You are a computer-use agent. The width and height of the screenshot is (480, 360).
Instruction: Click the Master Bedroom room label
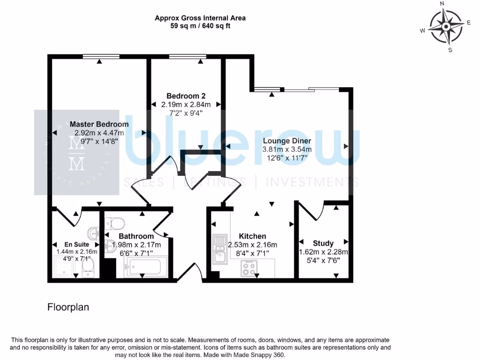click(99, 124)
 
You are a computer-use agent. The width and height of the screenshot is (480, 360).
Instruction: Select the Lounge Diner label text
click(287, 141)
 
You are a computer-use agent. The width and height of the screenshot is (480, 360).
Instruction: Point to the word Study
click(323, 243)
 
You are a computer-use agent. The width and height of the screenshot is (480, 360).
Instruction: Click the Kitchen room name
click(252, 236)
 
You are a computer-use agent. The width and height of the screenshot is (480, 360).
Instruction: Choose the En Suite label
click(75, 244)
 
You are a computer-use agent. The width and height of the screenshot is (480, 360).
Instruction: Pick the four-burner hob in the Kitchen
click(248, 268)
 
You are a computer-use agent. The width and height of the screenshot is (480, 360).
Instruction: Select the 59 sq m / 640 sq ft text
click(200, 26)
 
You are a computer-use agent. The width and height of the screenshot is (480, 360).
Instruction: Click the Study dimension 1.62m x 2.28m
click(323, 252)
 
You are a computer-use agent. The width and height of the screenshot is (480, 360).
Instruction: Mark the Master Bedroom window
click(99, 57)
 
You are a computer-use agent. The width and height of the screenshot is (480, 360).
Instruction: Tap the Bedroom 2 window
click(187, 57)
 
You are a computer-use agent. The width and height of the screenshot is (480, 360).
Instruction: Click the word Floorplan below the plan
click(68, 307)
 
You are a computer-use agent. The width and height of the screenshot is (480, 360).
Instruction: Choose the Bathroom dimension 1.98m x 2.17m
click(135, 245)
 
